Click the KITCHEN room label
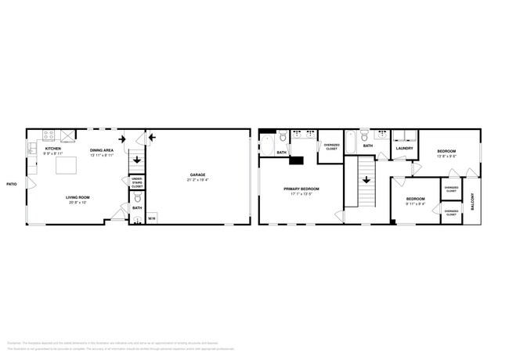click(x=53, y=148)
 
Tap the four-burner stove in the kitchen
click(x=49, y=135)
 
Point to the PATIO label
click(x=12, y=184)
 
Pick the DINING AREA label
click(x=102, y=149)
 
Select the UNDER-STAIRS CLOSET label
click(x=137, y=183)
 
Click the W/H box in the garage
click(x=152, y=218)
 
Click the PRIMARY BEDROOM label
click(x=301, y=189)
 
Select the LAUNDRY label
click(x=404, y=148)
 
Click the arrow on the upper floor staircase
click(x=365, y=178)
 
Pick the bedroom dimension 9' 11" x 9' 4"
click(x=415, y=204)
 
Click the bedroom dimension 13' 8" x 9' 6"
click(x=446, y=155)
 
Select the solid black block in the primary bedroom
click(x=297, y=160)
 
